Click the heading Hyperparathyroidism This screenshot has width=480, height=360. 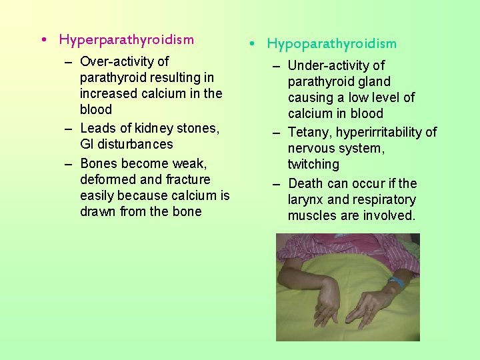[126, 39]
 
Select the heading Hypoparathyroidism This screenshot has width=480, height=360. [331, 44]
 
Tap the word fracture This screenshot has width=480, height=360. [187, 179]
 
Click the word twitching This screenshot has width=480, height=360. [313, 164]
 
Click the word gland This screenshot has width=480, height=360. [375, 81]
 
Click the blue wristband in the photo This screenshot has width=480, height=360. [396, 283]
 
